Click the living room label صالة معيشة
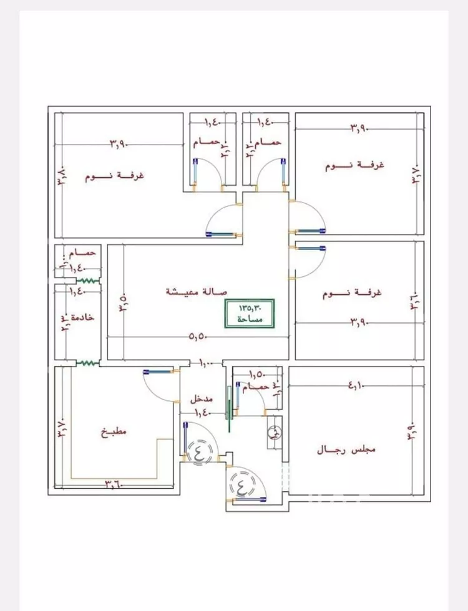coord(197,292)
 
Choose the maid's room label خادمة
coord(83,317)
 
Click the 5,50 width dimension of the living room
coord(198,337)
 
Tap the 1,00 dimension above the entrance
coord(206,362)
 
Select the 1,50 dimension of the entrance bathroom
coord(256,374)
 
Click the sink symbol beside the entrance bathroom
coord(274,432)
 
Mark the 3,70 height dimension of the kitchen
coord(61,430)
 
